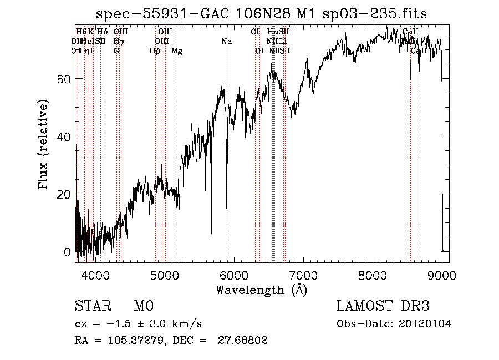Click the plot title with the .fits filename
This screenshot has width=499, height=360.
262,14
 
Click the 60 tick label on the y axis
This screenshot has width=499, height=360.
64,79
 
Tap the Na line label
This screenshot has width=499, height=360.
226,41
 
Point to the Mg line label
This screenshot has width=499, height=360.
177,50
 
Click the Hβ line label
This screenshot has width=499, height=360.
155,50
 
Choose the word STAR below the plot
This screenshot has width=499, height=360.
91,306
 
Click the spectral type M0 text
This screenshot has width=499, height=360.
143,306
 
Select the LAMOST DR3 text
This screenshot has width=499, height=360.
383,306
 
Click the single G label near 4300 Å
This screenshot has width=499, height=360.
116,50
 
